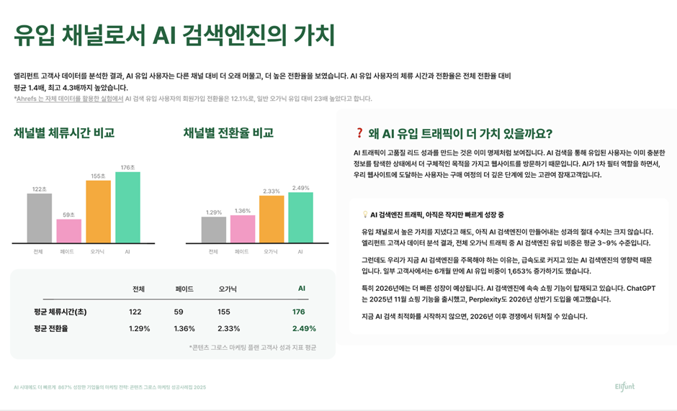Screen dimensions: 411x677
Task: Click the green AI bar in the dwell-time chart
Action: click(x=127, y=207)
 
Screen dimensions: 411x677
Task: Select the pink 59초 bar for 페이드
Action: click(x=69, y=231)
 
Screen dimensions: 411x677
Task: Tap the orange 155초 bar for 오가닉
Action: click(x=98, y=212)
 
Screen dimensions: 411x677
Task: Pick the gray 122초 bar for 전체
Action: click(x=40, y=218)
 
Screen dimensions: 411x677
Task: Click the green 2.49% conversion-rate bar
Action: click(x=300, y=217)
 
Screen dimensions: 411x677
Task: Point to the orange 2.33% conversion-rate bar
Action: click(x=272, y=219)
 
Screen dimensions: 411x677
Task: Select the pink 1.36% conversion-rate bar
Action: click(x=243, y=229)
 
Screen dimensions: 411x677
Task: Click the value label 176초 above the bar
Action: click(x=127, y=167)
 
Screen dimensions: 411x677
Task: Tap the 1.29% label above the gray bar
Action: click(x=214, y=212)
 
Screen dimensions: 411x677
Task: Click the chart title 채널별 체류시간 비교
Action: click(x=64, y=133)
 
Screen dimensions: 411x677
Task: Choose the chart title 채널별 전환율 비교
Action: click(x=228, y=133)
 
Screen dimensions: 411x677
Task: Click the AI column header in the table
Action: click(x=302, y=289)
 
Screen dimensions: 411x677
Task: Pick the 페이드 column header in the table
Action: click(x=184, y=289)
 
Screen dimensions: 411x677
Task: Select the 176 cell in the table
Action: click(x=299, y=312)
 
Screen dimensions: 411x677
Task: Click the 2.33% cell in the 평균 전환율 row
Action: click(x=229, y=328)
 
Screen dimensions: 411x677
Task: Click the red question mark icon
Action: click(x=359, y=133)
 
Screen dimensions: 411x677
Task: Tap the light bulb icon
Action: click(x=365, y=214)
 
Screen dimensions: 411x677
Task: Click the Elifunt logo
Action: click(x=624, y=387)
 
